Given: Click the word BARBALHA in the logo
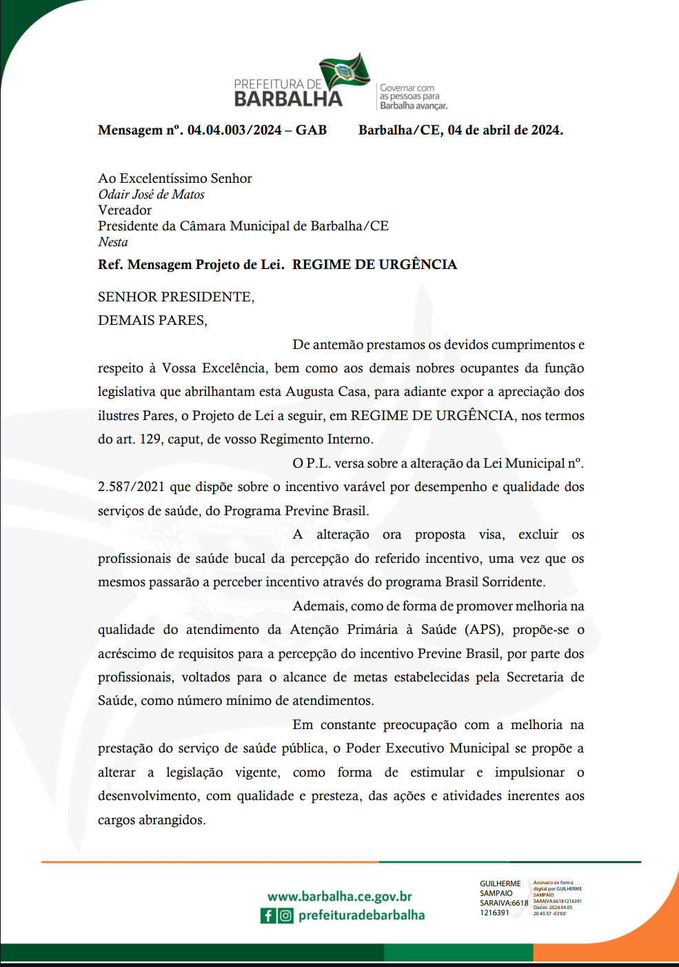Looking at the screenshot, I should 288,99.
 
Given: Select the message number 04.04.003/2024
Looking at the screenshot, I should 234,130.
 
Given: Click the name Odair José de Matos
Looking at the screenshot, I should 151,195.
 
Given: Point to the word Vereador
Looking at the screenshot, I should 125,210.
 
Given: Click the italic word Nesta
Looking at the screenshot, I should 113,242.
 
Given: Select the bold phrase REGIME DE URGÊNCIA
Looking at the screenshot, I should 374,265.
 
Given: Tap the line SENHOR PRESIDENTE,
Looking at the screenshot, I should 176,297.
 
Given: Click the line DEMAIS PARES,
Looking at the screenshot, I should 152,321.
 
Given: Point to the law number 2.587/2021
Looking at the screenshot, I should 131,487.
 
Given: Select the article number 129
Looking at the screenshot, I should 150,439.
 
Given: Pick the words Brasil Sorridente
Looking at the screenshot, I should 495,582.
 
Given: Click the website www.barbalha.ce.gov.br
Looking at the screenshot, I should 340,897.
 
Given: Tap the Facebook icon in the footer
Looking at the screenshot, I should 268,915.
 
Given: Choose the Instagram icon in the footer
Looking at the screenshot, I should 285,915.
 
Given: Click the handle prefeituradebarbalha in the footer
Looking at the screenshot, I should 361,915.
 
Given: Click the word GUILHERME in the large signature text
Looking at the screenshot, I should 500,884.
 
